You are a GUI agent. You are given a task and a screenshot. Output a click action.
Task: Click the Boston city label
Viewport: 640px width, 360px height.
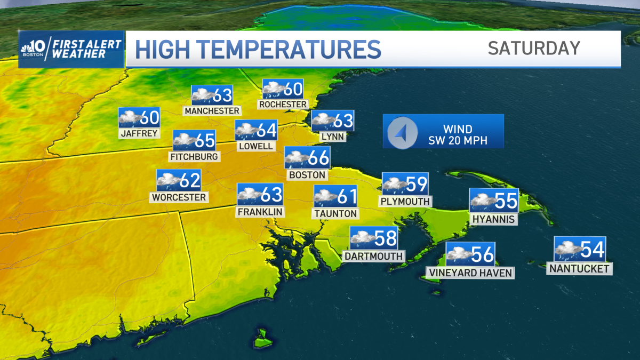click(x=307, y=174)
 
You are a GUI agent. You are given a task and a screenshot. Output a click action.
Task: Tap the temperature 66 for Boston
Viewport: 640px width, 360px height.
click(x=318, y=158)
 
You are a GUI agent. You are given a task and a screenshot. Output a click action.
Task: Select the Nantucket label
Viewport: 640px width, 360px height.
click(x=579, y=269)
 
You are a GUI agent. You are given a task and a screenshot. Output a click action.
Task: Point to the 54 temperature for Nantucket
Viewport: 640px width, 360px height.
click(x=592, y=249)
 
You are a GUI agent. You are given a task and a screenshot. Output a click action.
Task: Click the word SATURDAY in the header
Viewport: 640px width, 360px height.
click(x=533, y=49)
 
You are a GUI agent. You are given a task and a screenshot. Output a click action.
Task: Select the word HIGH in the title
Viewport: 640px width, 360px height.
click(x=167, y=49)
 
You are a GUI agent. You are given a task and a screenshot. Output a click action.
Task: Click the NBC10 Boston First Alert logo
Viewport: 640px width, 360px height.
click(x=71, y=49)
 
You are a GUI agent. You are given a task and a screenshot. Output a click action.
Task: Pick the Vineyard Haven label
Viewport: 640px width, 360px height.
click(x=470, y=273)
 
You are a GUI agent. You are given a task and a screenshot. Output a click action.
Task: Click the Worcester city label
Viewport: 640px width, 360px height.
click(x=179, y=197)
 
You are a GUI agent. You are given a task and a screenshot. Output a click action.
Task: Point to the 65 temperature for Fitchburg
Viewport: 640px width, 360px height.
click(x=205, y=141)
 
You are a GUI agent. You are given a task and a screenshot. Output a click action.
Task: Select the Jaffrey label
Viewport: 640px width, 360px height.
click(x=139, y=133)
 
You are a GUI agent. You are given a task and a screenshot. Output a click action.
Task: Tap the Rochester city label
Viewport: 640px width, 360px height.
click(x=283, y=105)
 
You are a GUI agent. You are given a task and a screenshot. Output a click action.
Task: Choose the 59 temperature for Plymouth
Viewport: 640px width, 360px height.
click(x=417, y=184)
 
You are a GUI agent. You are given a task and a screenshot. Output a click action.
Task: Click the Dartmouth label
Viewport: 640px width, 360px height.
click(x=373, y=256)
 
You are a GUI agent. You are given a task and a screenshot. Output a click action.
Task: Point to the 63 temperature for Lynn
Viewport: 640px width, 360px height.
click(x=343, y=121)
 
